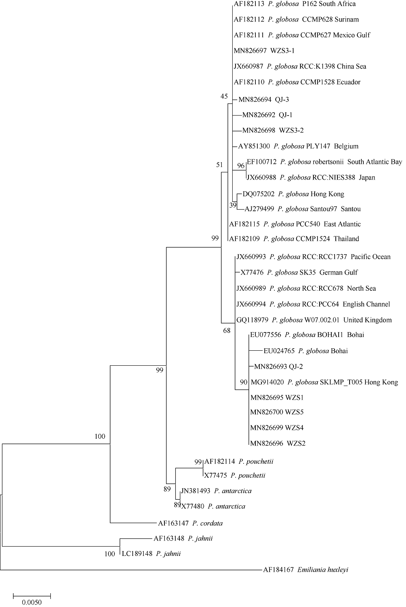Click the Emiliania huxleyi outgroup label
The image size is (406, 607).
306,570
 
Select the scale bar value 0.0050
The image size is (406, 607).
32,603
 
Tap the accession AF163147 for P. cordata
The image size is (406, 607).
173,523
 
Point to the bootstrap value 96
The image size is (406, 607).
241,165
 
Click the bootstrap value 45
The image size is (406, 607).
224,96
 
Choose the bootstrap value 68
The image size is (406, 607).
227,330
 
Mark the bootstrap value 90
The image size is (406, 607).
244,382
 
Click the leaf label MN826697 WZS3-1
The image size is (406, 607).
264,51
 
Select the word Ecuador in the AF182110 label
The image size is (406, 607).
348,82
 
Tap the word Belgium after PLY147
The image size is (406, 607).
346,146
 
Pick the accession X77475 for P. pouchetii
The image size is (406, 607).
216,475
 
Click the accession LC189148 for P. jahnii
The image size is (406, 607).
137,553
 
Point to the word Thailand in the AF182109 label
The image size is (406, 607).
346,239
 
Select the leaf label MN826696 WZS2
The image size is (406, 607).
278,443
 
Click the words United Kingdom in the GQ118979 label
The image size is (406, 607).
367,320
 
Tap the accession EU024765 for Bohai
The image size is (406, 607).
279,351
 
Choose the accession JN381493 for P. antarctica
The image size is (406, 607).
195,491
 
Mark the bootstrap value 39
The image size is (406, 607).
233,205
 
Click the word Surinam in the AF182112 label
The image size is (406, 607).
347,19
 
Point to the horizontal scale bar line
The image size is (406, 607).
32,596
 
